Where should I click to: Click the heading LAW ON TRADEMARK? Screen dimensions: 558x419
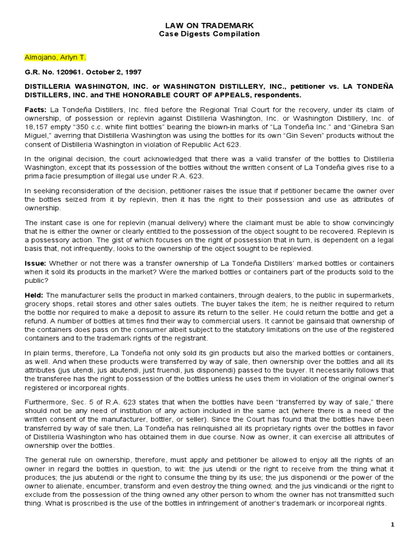coord(209,26)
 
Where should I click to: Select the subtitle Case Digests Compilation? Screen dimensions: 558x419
coord(209,34)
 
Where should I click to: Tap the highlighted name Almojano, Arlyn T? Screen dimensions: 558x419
coord(55,57)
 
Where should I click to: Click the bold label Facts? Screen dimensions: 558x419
coord(35,110)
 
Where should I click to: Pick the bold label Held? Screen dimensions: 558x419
coord(34,295)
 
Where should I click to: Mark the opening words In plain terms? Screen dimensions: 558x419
coord(45,353)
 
